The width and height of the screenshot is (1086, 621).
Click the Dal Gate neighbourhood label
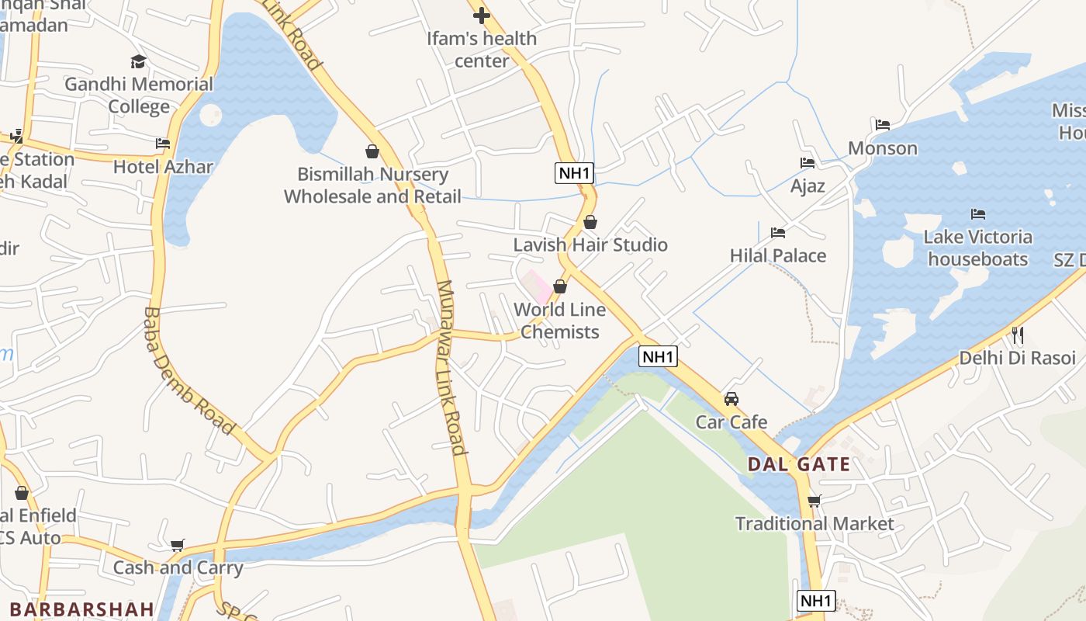(x=798, y=465)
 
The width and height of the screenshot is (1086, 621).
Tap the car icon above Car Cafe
(x=731, y=399)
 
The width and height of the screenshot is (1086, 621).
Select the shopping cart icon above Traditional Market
(x=814, y=501)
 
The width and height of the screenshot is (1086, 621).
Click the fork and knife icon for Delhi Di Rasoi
(x=1018, y=335)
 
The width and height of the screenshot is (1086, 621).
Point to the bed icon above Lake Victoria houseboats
(x=978, y=213)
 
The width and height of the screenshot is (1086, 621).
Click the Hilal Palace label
(x=778, y=255)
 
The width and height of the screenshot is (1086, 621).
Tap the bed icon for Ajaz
(x=808, y=163)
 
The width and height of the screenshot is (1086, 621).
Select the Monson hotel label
(x=883, y=147)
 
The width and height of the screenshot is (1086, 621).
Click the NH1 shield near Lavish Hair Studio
(x=574, y=173)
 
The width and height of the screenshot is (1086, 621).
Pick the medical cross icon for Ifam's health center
(x=482, y=15)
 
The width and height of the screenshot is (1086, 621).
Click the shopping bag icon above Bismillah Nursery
(x=372, y=151)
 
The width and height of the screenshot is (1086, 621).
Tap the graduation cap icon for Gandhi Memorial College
(x=138, y=61)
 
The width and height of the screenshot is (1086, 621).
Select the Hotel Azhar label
(x=163, y=166)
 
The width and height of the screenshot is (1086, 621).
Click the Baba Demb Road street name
(x=188, y=370)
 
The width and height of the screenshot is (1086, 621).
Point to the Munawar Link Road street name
(x=451, y=366)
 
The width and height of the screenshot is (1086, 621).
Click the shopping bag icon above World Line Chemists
(x=559, y=286)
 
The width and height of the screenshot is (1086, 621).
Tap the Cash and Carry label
(x=178, y=567)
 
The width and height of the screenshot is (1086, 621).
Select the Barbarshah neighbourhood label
(x=82, y=609)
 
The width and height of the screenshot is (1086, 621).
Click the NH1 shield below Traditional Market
(x=816, y=601)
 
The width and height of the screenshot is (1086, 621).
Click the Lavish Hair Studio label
(x=590, y=245)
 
